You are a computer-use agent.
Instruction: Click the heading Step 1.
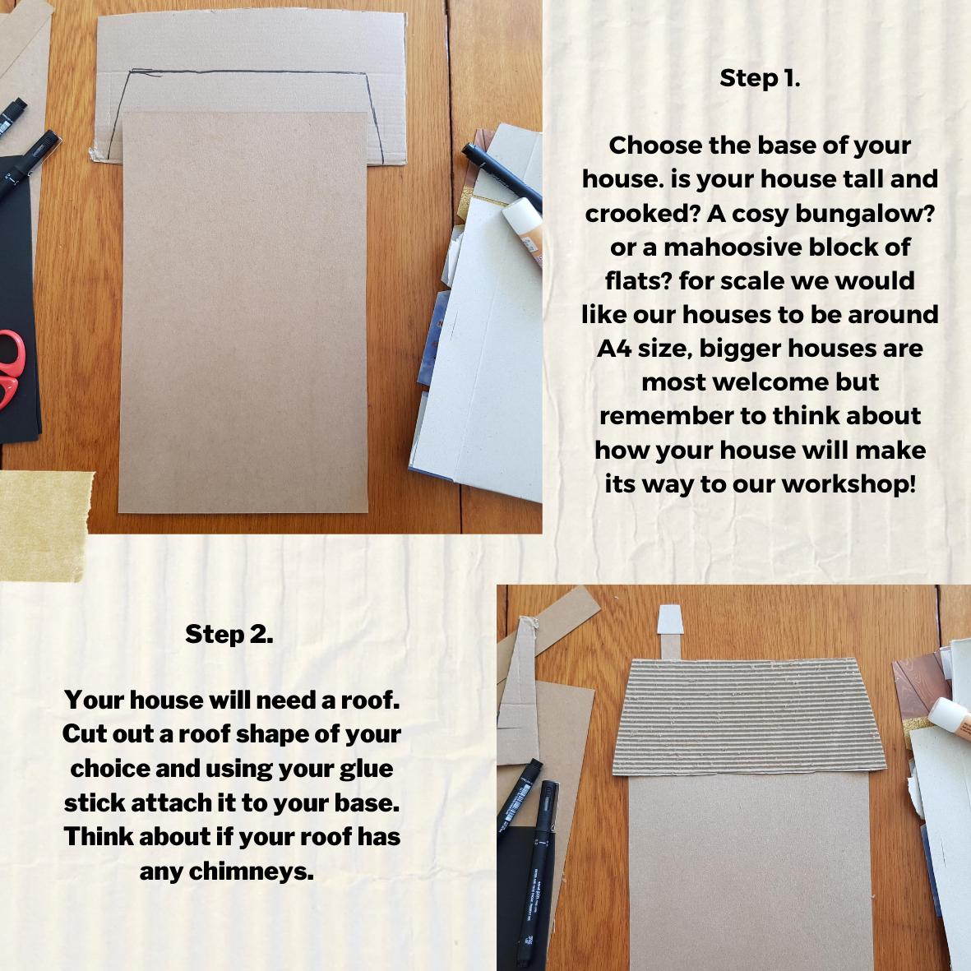(760, 79)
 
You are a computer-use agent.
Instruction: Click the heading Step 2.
(229, 634)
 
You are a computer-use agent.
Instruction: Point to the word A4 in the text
(613, 349)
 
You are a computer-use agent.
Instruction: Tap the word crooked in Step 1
(643, 214)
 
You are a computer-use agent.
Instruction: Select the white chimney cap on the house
(671, 620)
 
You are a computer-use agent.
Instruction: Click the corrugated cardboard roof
(749, 716)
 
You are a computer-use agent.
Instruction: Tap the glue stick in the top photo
(523, 230)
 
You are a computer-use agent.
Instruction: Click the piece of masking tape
(44, 525)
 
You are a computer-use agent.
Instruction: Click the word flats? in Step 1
(639, 281)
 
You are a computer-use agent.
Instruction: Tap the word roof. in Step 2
(370, 701)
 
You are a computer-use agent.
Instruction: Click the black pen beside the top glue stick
(502, 176)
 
